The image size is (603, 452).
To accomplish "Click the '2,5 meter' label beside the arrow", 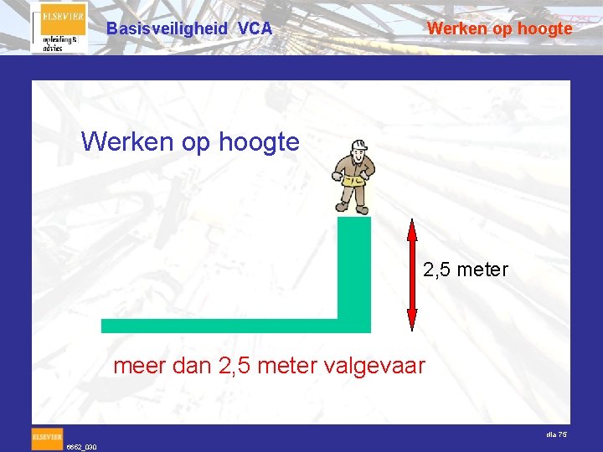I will point(466,270).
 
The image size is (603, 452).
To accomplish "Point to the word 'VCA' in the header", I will point(255,28).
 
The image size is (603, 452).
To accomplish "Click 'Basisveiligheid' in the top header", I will point(167,28).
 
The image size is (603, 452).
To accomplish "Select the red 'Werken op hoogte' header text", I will point(500,28).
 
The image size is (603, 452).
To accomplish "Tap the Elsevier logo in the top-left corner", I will point(59,28).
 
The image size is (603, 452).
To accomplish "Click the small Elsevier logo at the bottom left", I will point(47,436).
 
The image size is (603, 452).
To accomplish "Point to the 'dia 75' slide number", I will point(556,434).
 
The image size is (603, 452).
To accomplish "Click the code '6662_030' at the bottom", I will point(82,447).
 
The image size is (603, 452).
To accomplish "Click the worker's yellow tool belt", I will point(353,178).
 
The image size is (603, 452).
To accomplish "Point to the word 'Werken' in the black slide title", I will point(127,141).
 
